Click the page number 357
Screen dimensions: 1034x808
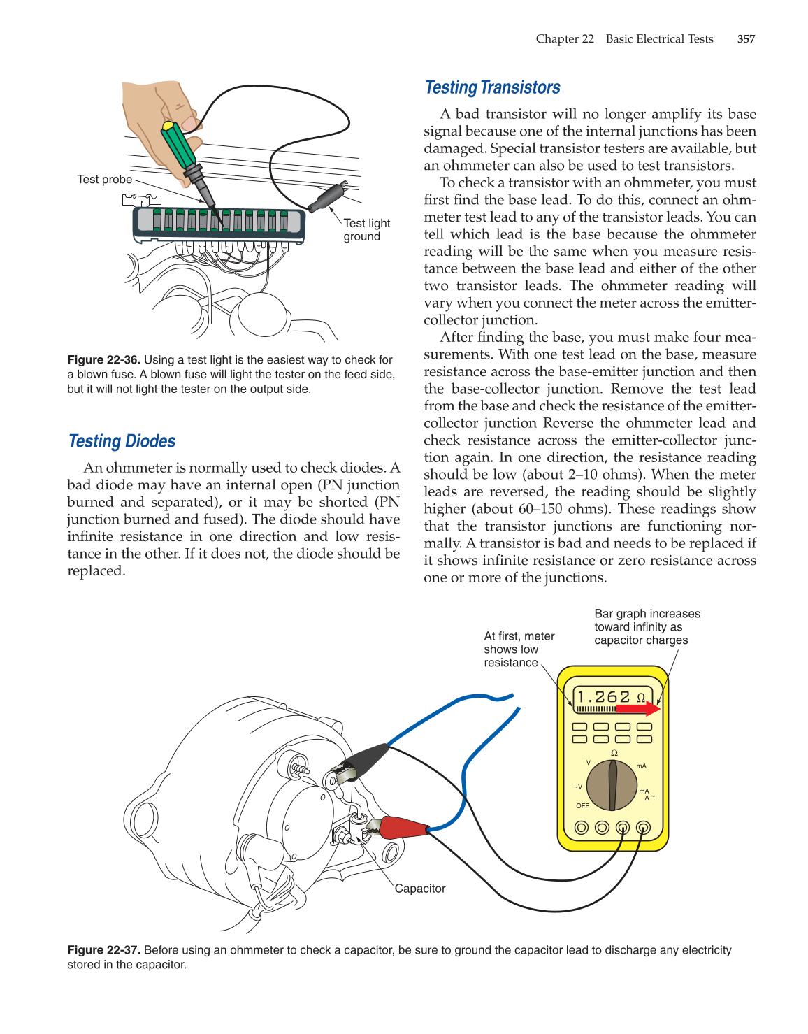pyautogui.click(x=746, y=39)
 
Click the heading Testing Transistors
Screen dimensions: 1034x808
pyautogui.click(x=492, y=87)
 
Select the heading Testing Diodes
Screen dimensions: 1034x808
pyautogui.click(x=122, y=441)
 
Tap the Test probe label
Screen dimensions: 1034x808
pyautogui.click(x=104, y=180)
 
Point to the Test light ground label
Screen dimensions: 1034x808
pyautogui.click(x=366, y=229)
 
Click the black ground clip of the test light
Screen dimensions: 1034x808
pyautogui.click(x=327, y=196)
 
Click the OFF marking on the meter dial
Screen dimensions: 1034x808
pyautogui.click(x=582, y=806)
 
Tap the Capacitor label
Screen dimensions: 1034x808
pyautogui.click(x=419, y=889)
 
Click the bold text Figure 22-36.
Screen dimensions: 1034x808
pyautogui.click(x=103, y=360)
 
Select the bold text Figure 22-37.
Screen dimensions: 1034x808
pyautogui.click(x=103, y=950)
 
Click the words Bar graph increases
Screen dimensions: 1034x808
pyautogui.click(x=647, y=614)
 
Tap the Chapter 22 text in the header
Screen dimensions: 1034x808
pyautogui.click(x=565, y=39)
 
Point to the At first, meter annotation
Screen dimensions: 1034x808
pyautogui.click(x=519, y=636)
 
